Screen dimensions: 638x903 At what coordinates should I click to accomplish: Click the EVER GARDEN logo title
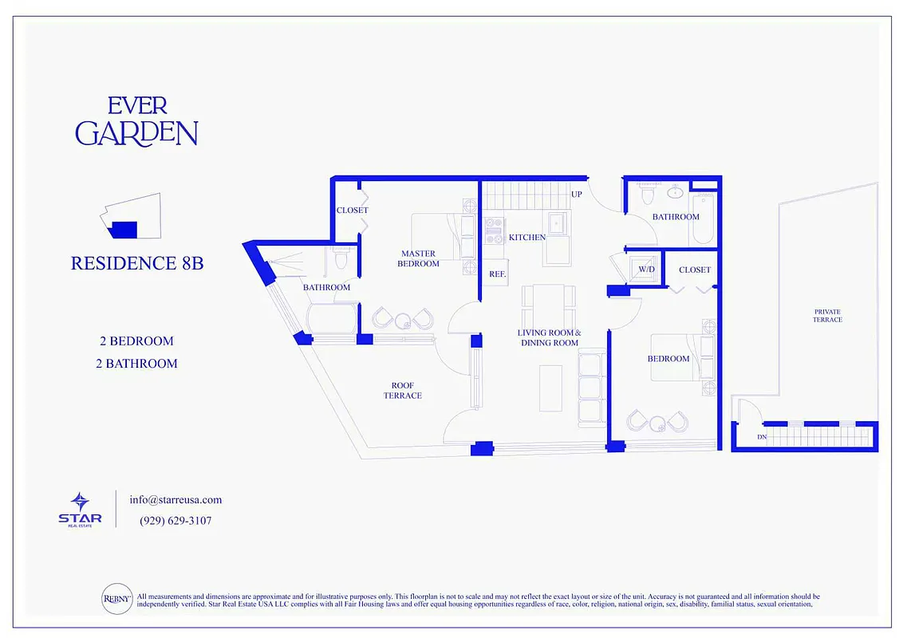pyautogui.click(x=136, y=121)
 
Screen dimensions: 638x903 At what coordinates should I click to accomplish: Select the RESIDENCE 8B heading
pyautogui.click(x=137, y=263)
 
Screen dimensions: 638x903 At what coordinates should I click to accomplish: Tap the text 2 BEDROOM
pyautogui.click(x=136, y=341)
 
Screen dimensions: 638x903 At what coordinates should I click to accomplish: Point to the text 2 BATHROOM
pyautogui.click(x=136, y=364)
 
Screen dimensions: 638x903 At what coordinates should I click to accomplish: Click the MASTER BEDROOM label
pyautogui.click(x=420, y=258)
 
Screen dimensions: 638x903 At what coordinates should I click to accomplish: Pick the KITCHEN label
pyautogui.click(x=527, y=238)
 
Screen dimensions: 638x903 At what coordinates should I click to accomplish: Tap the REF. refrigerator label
pyautogui.click(x=498, y=274)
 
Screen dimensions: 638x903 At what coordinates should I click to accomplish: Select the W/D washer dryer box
pyautogui.click(x=646, y=270)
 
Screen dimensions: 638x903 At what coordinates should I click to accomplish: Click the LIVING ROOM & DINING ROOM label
pyautogui.click(x=549, y=337)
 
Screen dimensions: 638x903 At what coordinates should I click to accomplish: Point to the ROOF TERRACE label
pyautogui.click(x=403, y=391)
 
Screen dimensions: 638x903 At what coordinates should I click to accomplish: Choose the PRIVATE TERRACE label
pyautogui.click(x=827, y=316)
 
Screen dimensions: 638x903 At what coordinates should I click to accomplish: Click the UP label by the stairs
pyautogui.click(x=576, y=195)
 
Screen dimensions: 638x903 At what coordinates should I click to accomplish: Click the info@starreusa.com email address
pyautogui.click(x=175, y=500)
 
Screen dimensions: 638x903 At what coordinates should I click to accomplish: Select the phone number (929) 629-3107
pyautogui.click(x=175, y=521)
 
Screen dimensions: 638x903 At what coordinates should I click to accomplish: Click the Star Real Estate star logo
pyautogui.click(x=80, y=502)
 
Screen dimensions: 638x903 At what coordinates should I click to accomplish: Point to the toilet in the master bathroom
pyautogui.click(x=342, y=259)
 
